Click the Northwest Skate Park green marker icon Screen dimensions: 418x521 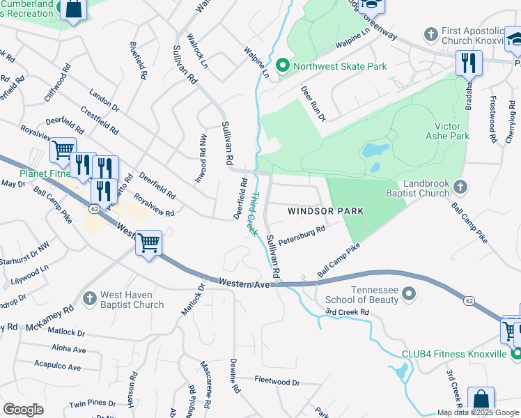click(x=283, y=67)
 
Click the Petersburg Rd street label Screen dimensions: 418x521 click(x=302, y=235)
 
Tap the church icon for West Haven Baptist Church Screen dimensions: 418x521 click(x=88, y=298)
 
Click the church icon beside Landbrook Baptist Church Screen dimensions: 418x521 click(x=460, y=186)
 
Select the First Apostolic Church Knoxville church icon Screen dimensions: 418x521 click(x=431, y=33)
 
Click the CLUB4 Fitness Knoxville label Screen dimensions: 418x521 click(x=454, y=354)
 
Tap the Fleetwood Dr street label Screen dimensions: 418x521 click(x=277, y=382)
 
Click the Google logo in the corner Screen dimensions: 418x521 click(x=23, y=410)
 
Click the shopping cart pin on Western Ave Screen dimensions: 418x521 click(x=148, y=243)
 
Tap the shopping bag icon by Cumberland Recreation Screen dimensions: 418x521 click(x=72, y=10)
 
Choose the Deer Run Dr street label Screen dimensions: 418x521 click(x=313, y=103)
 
